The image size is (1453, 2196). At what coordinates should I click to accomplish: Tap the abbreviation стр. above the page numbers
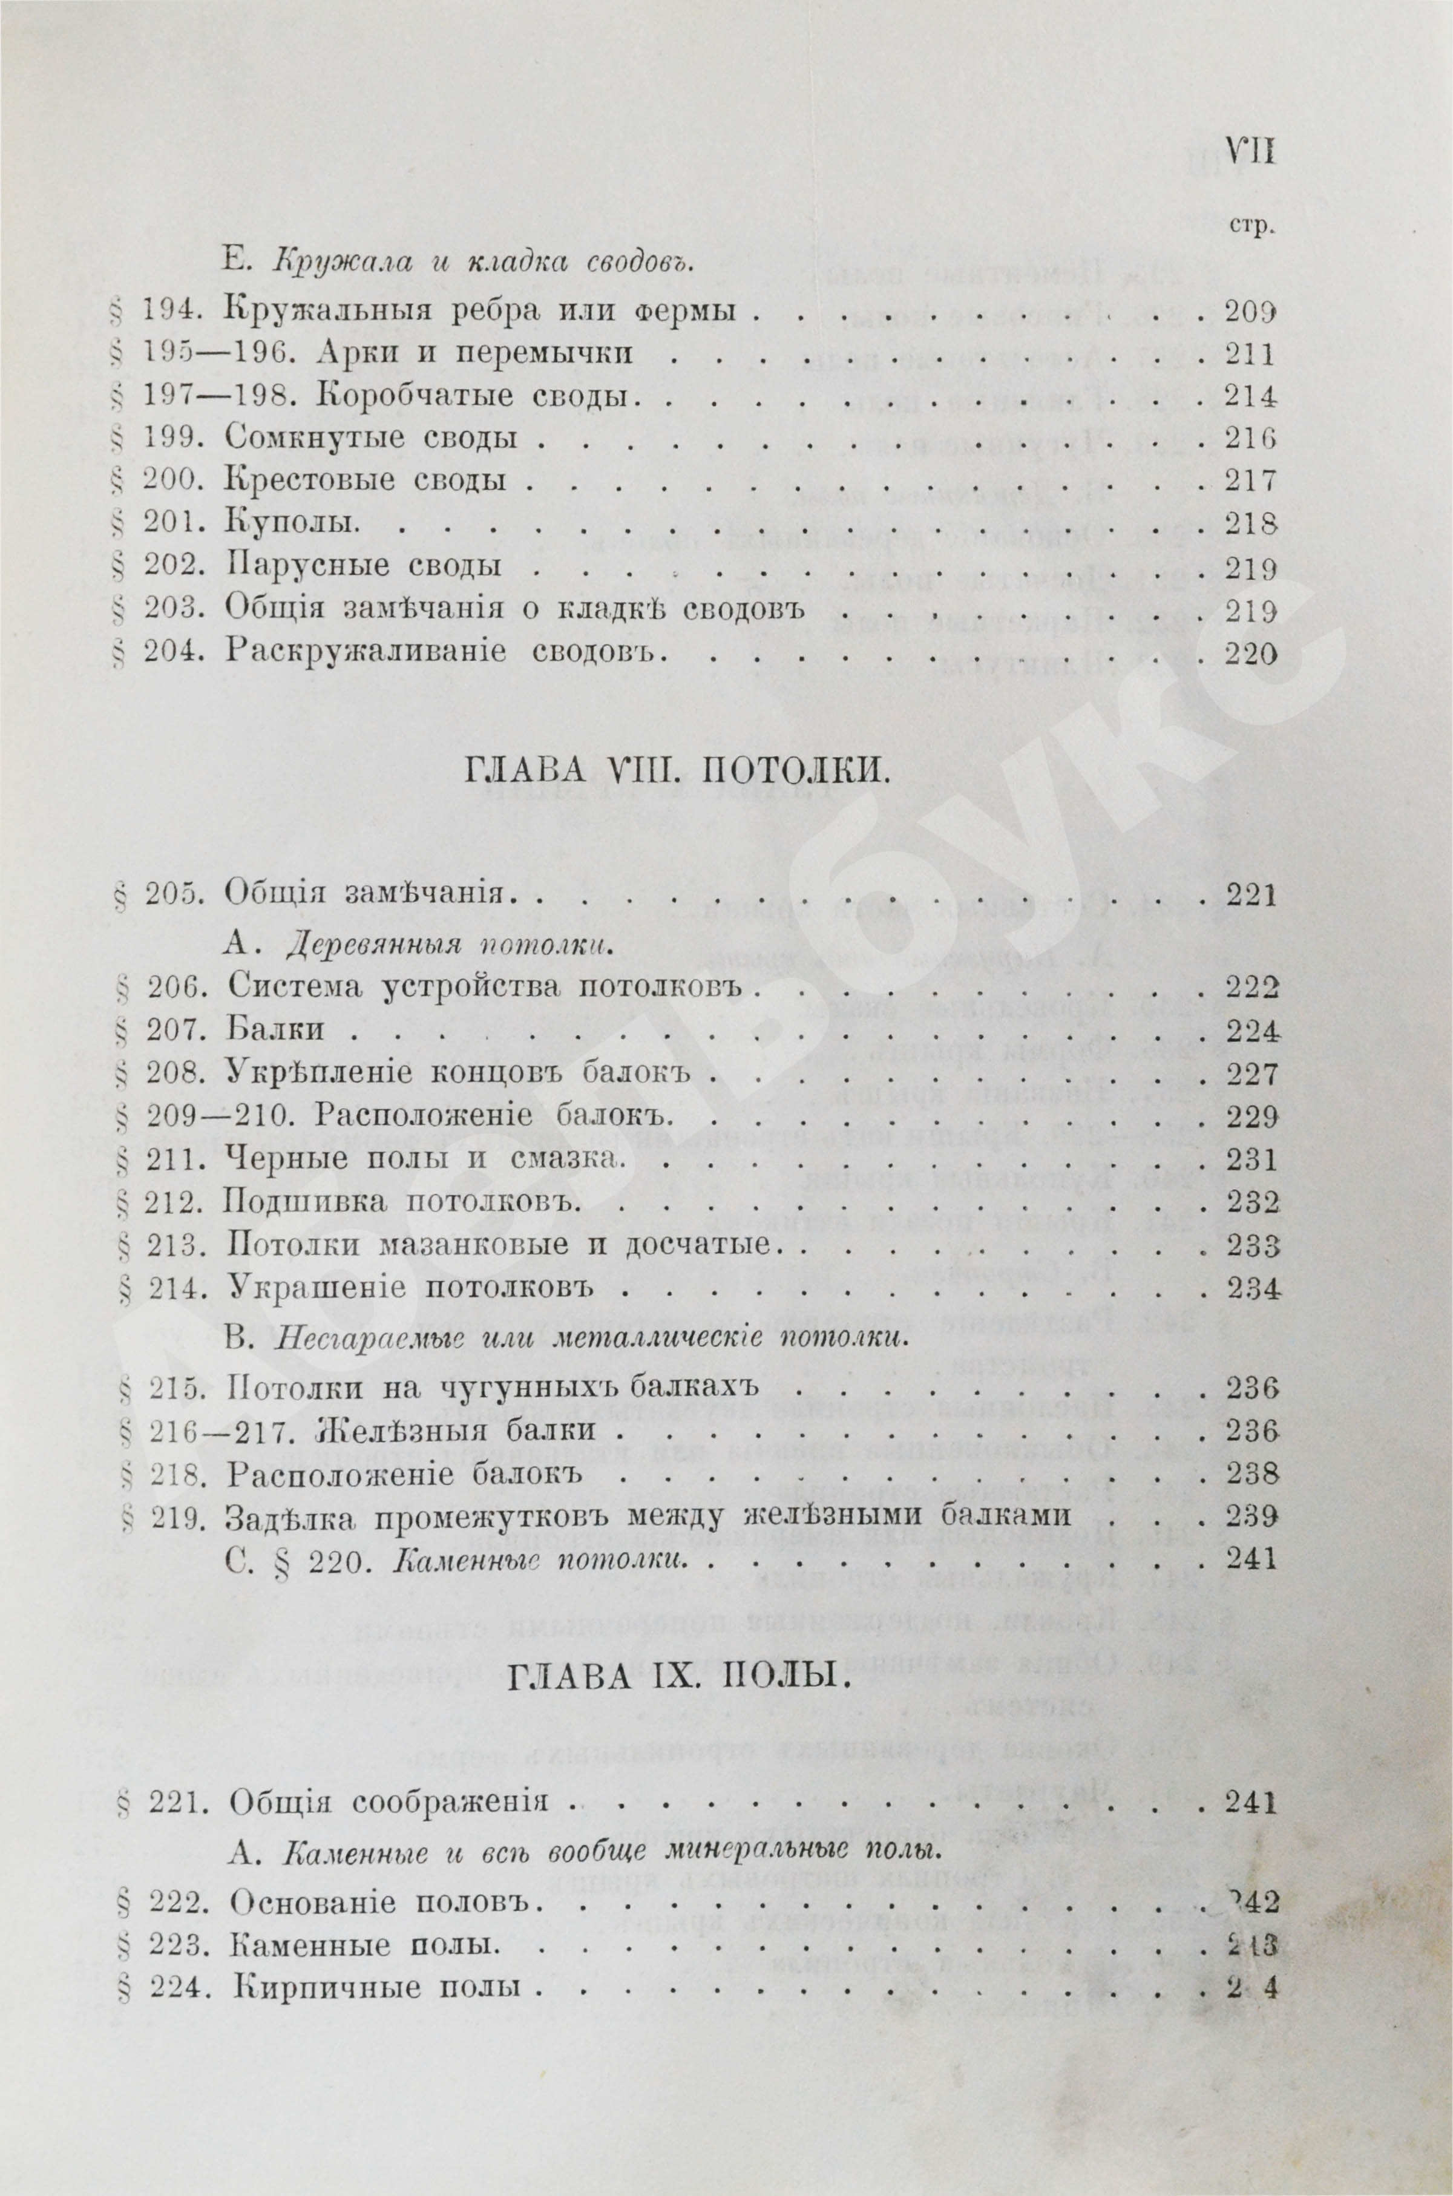(x=1250, y=226)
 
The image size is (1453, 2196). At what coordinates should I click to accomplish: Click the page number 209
(x=1250, y=313)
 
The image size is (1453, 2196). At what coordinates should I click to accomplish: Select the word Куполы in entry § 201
(x=291, y=523)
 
